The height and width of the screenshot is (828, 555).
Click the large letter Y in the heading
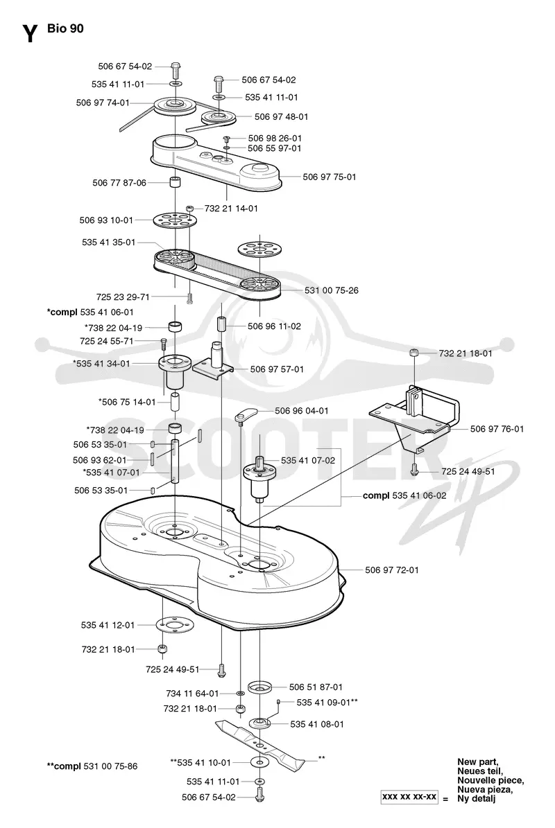30,33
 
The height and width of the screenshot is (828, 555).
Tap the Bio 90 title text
65,28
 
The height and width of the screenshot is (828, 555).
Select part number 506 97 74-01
103,103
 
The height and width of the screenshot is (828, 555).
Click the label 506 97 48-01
281,116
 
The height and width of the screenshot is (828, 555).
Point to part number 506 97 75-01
330,177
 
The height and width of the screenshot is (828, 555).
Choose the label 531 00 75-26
332,290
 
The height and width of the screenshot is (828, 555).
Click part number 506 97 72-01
392,570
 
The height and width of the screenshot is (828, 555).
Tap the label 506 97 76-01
497,429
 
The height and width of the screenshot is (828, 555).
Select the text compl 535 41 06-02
404,496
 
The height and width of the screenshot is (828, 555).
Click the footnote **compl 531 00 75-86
92,766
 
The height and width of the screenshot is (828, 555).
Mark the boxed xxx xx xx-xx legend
409,796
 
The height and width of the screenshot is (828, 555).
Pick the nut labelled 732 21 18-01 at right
414,353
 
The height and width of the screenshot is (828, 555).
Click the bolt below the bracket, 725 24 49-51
415,468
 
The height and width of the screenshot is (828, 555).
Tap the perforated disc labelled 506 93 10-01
175,221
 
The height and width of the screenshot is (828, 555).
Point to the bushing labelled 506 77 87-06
175,183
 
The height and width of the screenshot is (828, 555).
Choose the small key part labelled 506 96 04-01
245,414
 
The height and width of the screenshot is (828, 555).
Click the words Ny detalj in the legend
477,798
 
